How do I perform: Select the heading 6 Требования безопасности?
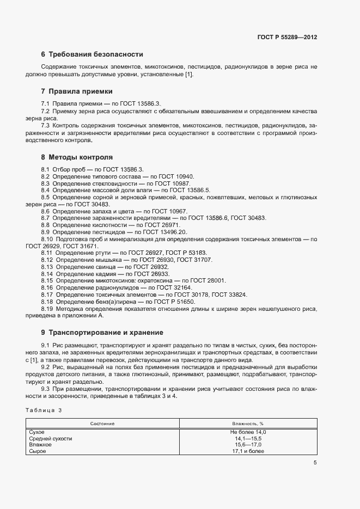pos(92,54)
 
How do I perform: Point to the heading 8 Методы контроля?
pos(77,157)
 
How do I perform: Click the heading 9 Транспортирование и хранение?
pos(106,333)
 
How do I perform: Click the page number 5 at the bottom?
pos(315,463)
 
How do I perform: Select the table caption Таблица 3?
pos(44,410)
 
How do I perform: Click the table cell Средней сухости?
pos(50,438)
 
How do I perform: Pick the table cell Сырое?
pos(38,451)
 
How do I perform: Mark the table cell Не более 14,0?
pos(248,432)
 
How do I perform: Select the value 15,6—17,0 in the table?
pos(248,445)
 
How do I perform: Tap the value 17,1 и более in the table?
pos(248,451)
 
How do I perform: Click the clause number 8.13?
pos(47,267)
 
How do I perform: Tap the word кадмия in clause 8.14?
pos(102,274)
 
